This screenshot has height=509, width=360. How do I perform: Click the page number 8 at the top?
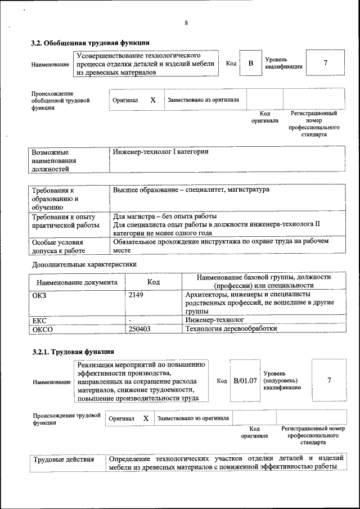click(186, 23)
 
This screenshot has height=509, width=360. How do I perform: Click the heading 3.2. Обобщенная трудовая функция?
click(89, 43)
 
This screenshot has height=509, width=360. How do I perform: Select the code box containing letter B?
click(251, 64)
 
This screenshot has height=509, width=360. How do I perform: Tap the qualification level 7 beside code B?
click(325, 63)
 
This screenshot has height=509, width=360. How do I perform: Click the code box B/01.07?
click(245, 381)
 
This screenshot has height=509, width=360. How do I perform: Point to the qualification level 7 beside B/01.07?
click(329, 381)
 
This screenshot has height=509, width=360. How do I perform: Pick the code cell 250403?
click(140, 329)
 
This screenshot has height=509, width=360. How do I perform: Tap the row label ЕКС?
click(39, 320)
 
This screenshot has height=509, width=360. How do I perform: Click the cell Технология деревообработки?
click(231, 329)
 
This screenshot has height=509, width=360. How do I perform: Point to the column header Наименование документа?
click(77, 282)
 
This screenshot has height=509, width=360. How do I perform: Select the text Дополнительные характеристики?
click(84, 264)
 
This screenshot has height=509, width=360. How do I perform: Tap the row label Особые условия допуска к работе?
click(58, 246)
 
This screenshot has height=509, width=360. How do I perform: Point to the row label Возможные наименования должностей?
click(54, 160)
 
